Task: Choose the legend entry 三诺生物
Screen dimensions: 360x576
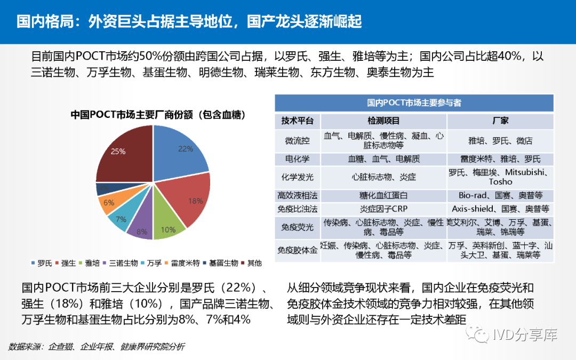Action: [x=123, y=263]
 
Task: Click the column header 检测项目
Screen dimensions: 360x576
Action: [x=383, y=121]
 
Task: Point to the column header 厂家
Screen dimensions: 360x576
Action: [x=500, y=121]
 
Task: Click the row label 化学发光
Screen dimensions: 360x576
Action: [x=297, y=177]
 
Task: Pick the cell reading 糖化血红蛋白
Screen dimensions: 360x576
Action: [x=383, y=196]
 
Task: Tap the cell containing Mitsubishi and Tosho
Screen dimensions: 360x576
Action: [x=500, y=177]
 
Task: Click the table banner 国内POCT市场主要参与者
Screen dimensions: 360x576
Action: [x=414, y=103]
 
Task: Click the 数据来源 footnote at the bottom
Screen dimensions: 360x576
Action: [x=97, y=347]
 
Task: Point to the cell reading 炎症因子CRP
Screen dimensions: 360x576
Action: [x=383, y=209]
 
